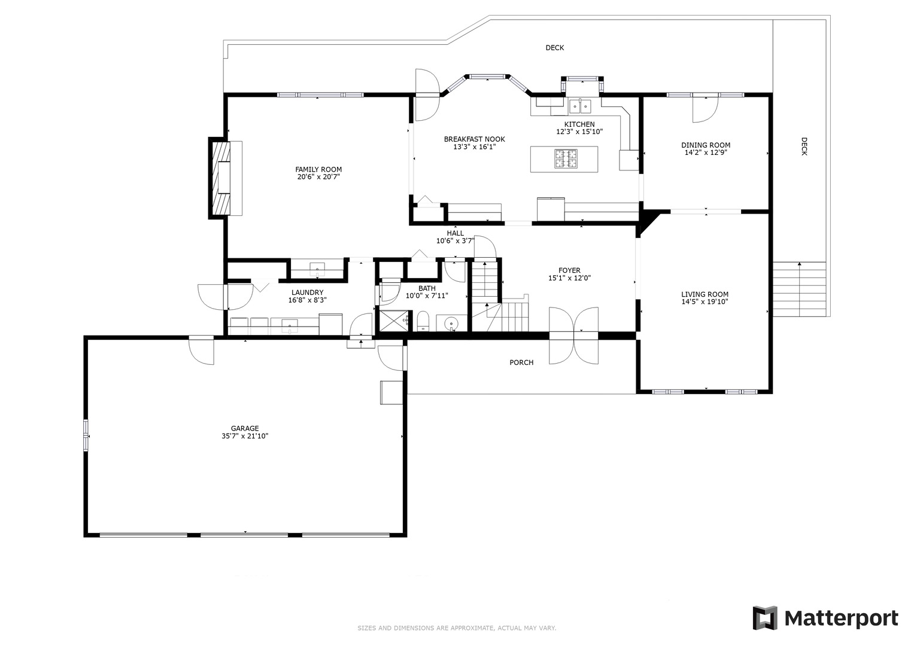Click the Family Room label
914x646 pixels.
pyautogui.click(x=318, y=169)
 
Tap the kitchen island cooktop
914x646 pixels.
pyautogui.click(x=566, y=159)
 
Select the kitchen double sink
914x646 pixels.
pyautogui.click(x=580, y=106)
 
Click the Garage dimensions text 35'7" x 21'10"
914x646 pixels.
pyautogui.click(x=245, y=436)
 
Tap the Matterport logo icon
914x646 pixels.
pyautogui.click(x=764, y=618)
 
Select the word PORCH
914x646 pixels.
pyautogui.click(x=521, y=362)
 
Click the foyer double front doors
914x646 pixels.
pyautogui.click(x=573, y=336)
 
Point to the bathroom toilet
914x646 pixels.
pyautogui.click(x=423, y=321)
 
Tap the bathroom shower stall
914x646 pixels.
pyautogui.click(x=394, y=321)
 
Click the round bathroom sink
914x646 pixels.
pyautogui.click(x=451, y=324)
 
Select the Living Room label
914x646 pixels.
pyautogui.click(x=705, y=294)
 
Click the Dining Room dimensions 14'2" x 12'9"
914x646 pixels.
pyautogui.click(x=706, y=153)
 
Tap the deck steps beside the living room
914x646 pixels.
pyautogui.click(x=800, y=290)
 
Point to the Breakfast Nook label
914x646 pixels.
pyautogui.click(x=475, y=139)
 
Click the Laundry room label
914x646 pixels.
pyautogui.click(x=307, y=292)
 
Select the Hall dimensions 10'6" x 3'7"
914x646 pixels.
pyautogui.click(x=456, y=240)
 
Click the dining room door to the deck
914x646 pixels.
pyautogui.click(x=706, y=108)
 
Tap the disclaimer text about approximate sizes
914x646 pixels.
pyautogui.click(x=457, y=628)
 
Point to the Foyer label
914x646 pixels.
pyautogui.click(x=570, y=270)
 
